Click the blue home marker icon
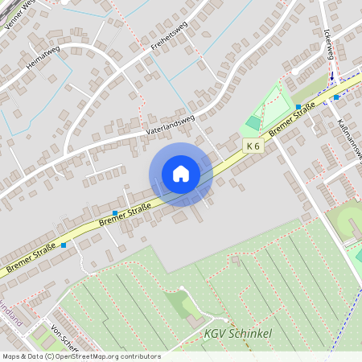point(180,174)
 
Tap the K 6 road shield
point(253,146)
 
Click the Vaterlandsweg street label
point(170,123)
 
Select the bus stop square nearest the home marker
point(115,213)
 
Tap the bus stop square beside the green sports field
point(298,106)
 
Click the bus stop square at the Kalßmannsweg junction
point(336,97)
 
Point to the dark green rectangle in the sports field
point(253,122)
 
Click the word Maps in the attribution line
point(10,356)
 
